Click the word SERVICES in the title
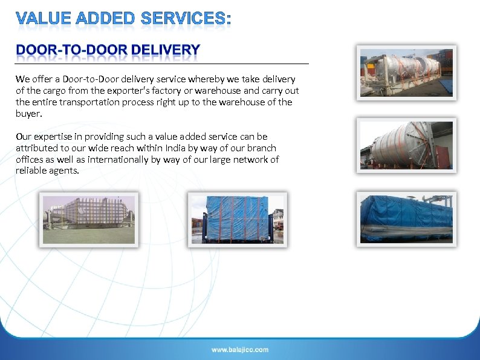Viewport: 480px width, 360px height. [x=184, y=19]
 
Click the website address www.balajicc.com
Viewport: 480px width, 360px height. [x=240, y=349]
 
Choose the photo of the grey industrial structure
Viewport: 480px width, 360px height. [x=89, y=220]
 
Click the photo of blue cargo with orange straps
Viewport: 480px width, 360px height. [x=237, y=220]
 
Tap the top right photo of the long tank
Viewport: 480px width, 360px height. [x=406, y=73]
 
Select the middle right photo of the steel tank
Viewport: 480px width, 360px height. [x=406, y=145]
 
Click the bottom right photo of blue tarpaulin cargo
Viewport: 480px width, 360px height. [x=406, y=218]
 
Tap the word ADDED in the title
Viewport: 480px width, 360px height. [x=105, y=19]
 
